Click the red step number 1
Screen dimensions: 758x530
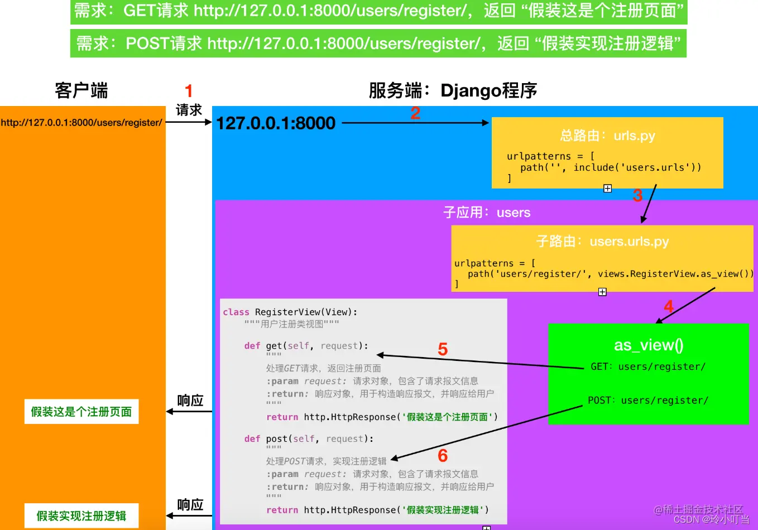click(189, 91)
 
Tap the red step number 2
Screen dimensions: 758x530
click(415, 113)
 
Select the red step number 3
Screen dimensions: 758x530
click(637, 196)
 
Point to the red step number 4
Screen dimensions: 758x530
click(668, 306)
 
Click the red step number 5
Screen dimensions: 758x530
click(443, 349)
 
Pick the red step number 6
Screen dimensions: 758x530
click(443, 455)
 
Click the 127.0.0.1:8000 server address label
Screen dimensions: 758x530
click(276, 123)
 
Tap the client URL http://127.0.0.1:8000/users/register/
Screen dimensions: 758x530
click(81, 123)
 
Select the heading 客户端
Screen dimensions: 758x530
click(81, 90)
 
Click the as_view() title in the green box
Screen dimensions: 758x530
click(649, 345)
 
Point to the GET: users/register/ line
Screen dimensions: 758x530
click(648, 367)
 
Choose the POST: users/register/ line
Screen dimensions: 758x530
click(648, 401)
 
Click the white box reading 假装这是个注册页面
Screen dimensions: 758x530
click(81, 412)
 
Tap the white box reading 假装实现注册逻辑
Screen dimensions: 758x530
click(81, 516)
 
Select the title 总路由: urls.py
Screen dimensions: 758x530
click(607, 136)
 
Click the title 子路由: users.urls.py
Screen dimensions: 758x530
click(602, 242)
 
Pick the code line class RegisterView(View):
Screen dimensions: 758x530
click(290, 312)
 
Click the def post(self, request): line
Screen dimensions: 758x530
click(309, 439)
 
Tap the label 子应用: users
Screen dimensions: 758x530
click(487, 213)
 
